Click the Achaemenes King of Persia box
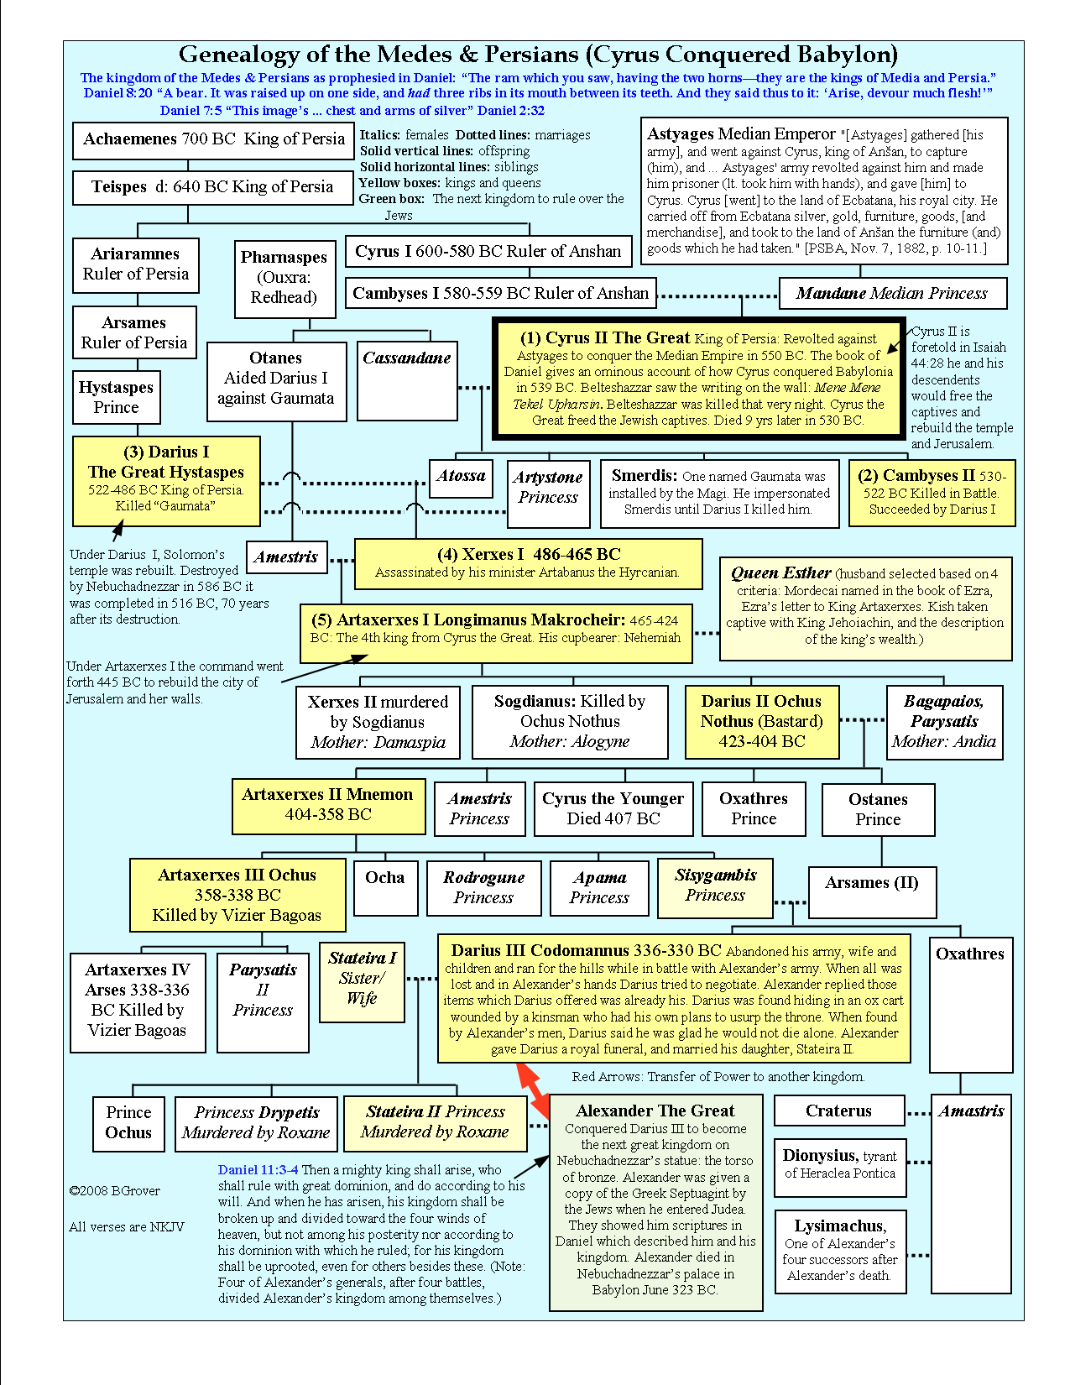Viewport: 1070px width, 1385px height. click(213, 139)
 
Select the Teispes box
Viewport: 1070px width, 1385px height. click(212, 187)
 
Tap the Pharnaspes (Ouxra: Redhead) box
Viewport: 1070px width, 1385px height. click(284, 278)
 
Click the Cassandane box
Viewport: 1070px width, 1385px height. click(407, 379)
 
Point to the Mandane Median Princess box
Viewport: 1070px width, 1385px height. click(891, 293)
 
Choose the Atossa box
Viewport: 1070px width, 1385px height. click(461, 477)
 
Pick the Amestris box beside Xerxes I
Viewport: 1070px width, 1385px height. click(286, 557)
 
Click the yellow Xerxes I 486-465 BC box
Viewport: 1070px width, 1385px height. click(528, 563)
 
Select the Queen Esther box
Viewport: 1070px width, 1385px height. click(865, 606)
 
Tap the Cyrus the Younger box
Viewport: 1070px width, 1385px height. click(613, 808)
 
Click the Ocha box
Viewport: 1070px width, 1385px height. click(385, 887)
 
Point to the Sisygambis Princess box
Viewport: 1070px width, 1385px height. click(715, 886)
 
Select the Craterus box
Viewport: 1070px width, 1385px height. click(838, 1111)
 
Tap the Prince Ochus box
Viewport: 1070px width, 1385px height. click(128, 1123)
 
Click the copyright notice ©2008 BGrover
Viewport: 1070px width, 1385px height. click(115, 1190)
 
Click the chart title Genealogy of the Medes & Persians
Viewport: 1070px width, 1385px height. click(538, 55)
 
